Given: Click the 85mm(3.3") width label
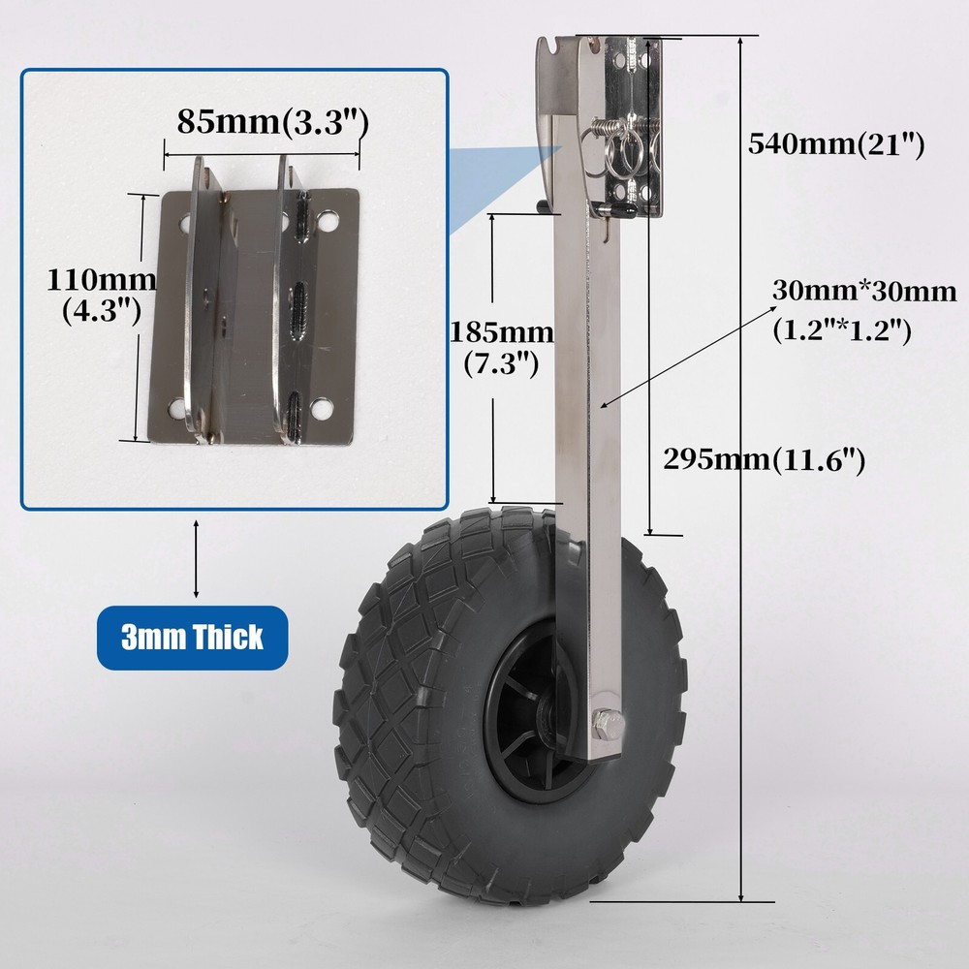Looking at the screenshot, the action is (272, 121).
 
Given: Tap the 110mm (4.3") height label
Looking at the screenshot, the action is (102, 295).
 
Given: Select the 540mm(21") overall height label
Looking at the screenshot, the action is (836, 144).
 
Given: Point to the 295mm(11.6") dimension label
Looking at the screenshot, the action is (764, 459).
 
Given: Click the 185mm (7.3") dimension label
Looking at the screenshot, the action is (501, 349).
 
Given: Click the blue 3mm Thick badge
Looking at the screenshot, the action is (192, 638).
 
